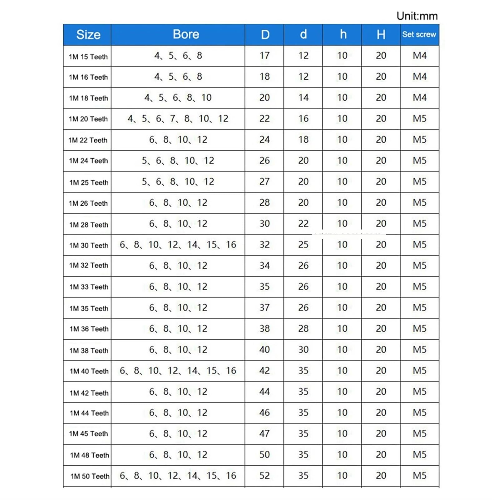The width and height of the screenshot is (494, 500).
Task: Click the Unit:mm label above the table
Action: click(417, 16)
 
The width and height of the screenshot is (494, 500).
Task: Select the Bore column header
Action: click(186, 34)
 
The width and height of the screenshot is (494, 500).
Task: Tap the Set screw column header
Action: click(419, 34)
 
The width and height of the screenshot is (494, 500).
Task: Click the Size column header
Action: click(88, 34)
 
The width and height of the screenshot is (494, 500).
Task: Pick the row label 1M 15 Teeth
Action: click(88, 57)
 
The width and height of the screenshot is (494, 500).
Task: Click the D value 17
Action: click(264, 56)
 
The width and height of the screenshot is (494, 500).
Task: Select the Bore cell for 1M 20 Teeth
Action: click(178, 119)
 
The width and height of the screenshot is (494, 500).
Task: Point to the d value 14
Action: click(303, 97)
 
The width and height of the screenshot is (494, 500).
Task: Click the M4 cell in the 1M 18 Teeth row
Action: click(419, 97)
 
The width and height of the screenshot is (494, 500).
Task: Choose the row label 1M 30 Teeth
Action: click(89, 246)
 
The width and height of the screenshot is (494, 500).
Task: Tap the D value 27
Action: click(264, 182)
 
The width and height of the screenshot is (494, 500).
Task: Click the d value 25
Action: click(303, 245)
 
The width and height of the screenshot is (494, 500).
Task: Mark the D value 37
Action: click(264, 307)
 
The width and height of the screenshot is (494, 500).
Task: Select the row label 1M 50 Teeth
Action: click(90, 476)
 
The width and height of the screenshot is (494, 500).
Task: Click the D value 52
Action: click(264, 476)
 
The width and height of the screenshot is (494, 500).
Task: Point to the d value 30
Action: click(303, 350)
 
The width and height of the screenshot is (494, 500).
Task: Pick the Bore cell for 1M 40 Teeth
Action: click(178, 371)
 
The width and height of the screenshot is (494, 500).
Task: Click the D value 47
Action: click(264, 434)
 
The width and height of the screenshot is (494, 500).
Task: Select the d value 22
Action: click(303, 224)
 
